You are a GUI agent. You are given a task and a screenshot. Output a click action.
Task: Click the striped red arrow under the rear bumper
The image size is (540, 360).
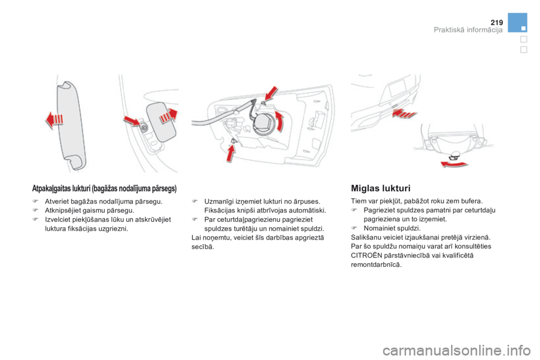pos(404,113)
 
